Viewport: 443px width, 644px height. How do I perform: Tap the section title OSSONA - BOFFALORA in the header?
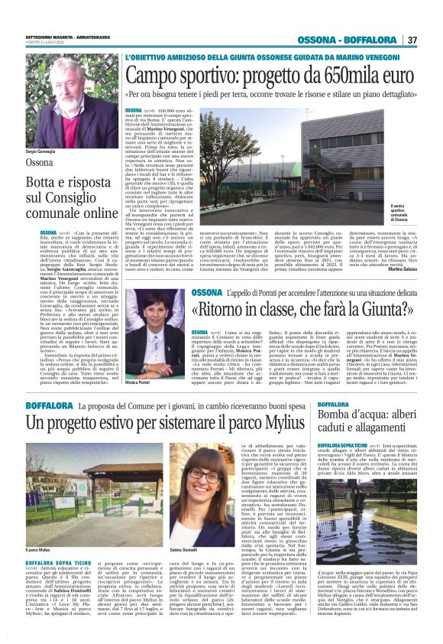(348, 40)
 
